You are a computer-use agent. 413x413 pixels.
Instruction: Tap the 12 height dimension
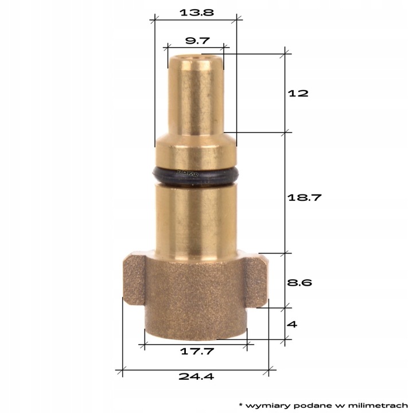point(298,93)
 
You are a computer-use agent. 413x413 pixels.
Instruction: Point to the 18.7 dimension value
point(304,197)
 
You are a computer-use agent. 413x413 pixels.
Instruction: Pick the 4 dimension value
point(291,324)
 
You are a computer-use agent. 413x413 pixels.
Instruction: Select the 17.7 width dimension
point(196,351)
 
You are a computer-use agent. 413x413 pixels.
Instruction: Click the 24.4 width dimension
point(196,377)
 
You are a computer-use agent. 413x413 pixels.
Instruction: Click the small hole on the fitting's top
point(195,57)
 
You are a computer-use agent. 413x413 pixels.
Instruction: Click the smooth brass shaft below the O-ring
point(195,221)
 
